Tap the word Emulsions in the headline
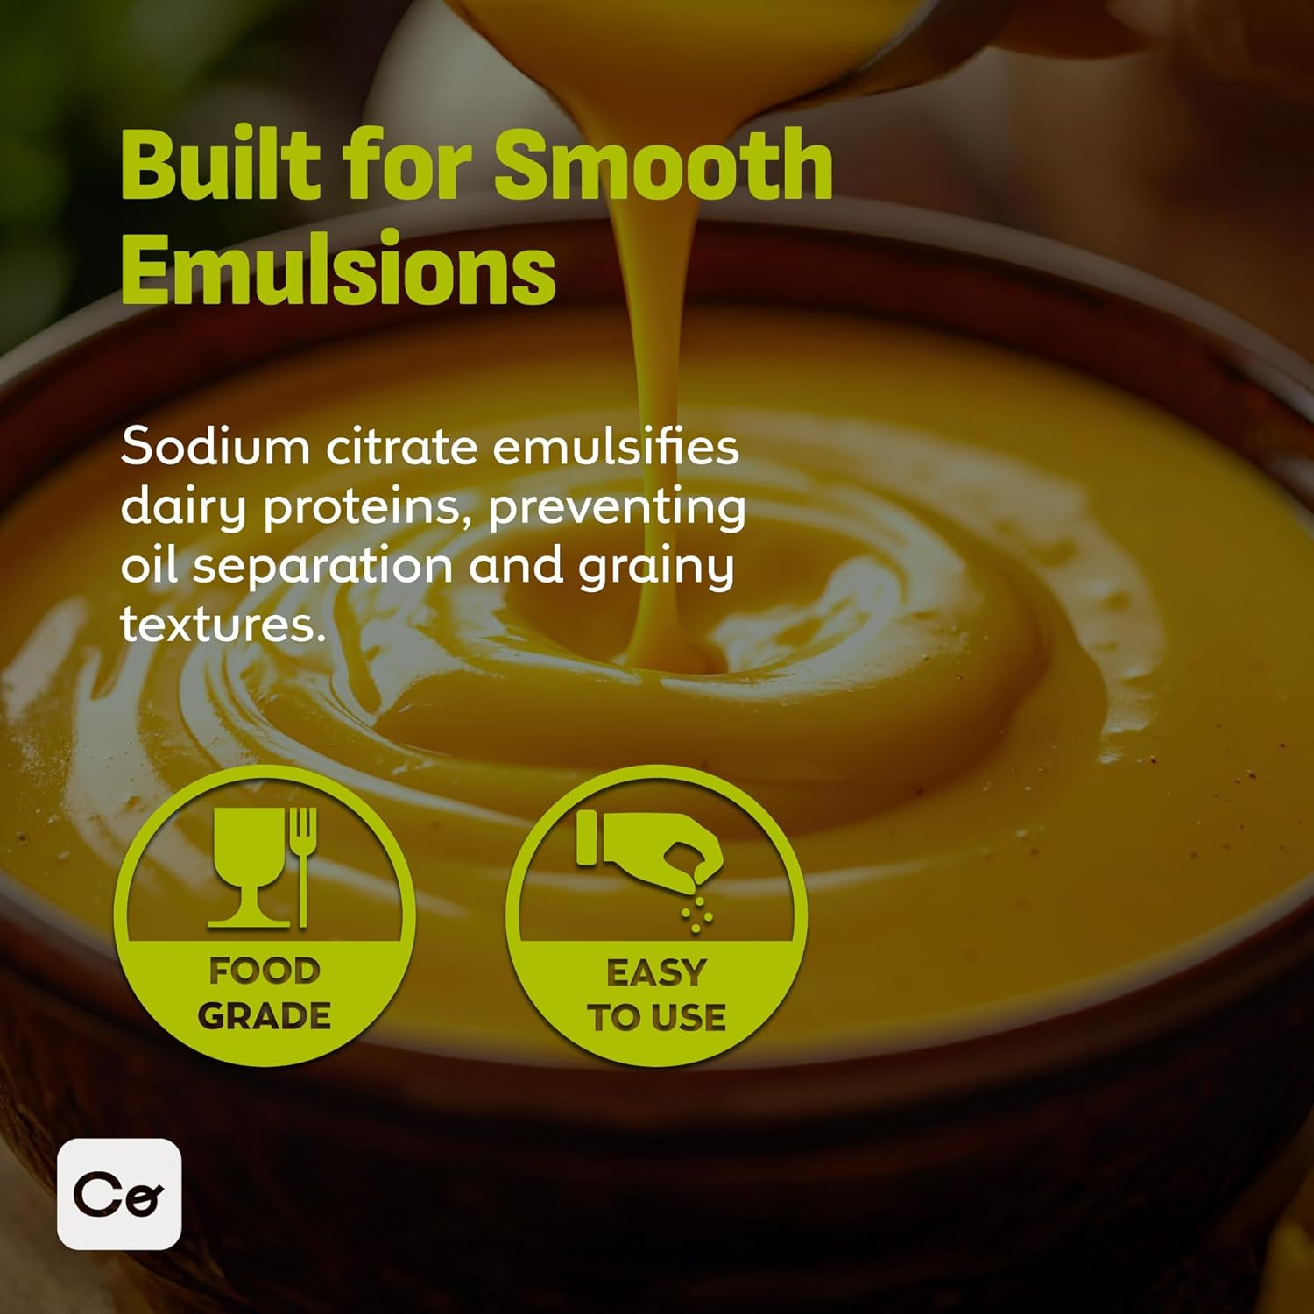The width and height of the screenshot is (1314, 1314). coord(338,268)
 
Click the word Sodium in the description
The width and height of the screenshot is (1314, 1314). coord(215,447)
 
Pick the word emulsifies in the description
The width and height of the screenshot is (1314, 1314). coord(616,447)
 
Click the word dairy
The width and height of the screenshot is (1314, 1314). coord(183,507)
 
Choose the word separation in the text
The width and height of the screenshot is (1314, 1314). coord(321,567)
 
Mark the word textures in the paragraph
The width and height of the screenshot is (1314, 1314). coord(223,625)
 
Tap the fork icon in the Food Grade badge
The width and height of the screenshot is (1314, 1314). coord(303,863)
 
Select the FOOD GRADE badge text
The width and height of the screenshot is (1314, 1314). coord(265,993)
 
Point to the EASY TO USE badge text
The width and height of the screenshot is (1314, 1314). coord(656,995)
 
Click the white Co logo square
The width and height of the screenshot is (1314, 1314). coord(119,1193)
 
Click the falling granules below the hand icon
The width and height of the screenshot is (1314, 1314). coord(697,911)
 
